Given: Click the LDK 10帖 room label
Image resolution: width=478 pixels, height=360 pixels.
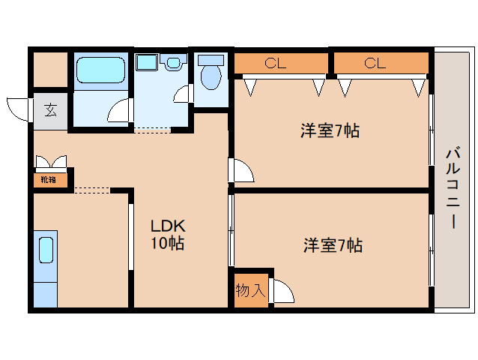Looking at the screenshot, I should (x=168, y=234).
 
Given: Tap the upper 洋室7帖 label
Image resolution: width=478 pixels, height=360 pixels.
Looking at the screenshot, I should (x=330, y=131).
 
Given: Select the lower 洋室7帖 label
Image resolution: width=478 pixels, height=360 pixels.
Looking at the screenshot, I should (x=333, y=245).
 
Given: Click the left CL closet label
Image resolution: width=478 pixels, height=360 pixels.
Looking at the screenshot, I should (x=275, y=64).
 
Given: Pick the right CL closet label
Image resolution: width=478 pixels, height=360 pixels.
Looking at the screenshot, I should (x=375, y=64).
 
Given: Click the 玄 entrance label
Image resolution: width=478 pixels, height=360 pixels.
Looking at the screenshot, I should (x=49, y=111).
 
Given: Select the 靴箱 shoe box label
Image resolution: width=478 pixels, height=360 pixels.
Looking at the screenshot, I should (x=49, y=180).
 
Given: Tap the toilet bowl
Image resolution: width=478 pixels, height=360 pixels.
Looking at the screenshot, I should (x=212, y=74).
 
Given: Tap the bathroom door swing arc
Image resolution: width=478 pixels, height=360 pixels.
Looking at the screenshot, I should (x=118, y=111).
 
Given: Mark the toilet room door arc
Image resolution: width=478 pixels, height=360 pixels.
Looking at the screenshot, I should (x=182, y=94).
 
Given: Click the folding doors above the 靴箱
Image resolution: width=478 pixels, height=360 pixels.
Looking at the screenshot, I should (x=50, y=162).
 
